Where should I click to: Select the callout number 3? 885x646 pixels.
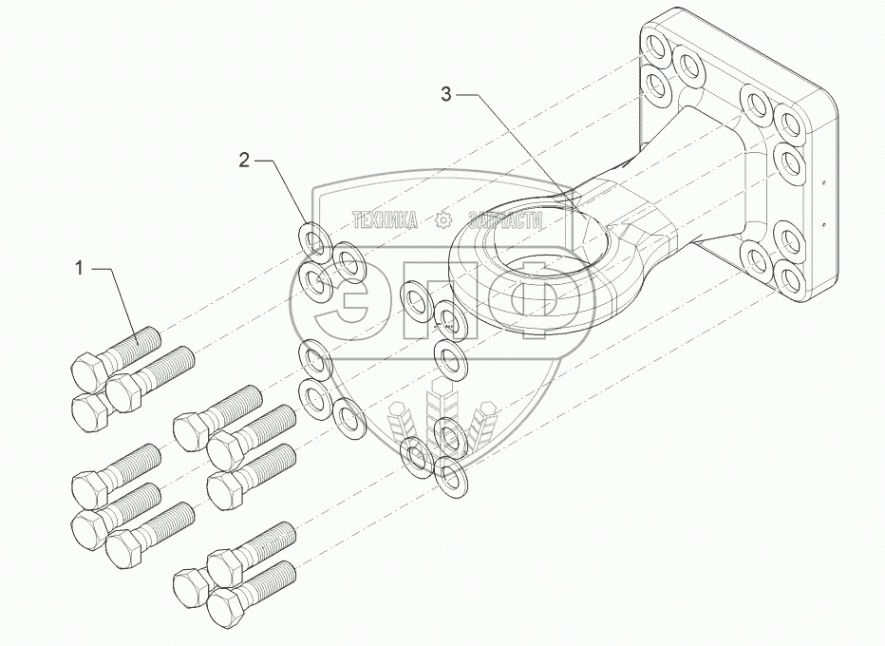(447, 93)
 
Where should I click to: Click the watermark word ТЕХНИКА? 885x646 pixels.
(385, 220)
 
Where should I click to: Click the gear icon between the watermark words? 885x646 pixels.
(443, 220)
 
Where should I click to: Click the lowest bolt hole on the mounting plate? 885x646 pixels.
(791, 278)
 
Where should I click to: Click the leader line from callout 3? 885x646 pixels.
(518, 142)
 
